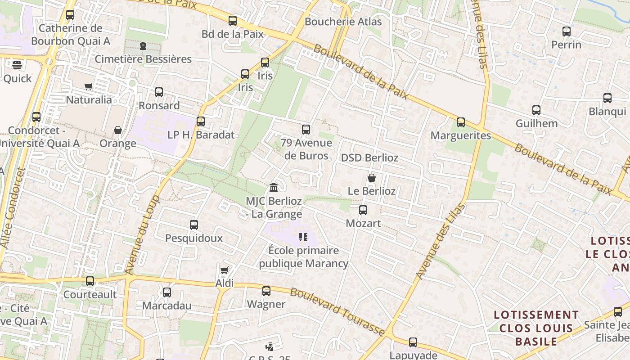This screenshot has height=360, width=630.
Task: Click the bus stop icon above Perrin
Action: tap(567, 31)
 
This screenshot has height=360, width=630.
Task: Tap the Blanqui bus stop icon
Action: tap(607, 98)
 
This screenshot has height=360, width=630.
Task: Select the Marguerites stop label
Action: tap(461, 135)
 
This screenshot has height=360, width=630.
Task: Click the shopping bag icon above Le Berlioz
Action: tap(372, 178)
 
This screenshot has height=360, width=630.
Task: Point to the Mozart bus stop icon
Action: tap(363, 210)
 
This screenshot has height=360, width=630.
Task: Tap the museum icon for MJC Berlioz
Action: tap(274, 187)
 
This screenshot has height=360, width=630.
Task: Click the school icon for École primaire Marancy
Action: tap(303, 237)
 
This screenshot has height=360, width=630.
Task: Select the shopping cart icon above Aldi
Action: tap(224, 270)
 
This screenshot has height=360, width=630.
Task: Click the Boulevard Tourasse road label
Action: tap(337, 312)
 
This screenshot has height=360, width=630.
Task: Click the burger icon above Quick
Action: tap(17, 65)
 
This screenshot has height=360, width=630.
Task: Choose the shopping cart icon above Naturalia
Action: tap(89, 86)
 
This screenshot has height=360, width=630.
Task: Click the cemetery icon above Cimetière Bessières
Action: tap(143, 46)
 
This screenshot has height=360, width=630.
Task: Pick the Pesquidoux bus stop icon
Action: tap(194, 225)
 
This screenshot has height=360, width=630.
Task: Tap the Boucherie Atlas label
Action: tap(343, 22)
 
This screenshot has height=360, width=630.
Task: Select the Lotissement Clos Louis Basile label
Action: tap(536, 328)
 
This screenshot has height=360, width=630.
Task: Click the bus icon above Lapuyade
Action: tap(413, 342)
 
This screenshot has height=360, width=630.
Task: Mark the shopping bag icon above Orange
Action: tap(118, 130)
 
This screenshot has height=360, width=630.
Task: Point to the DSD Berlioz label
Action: tap(369, 158)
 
